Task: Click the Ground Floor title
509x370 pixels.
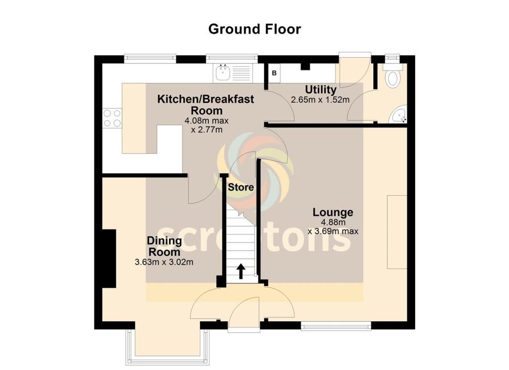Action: click(x=254, y=29)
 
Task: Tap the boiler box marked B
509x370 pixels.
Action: click(x=274, y=73)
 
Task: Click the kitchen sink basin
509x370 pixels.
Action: click(x=223, y=73)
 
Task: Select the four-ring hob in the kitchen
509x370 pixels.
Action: click(x=112, y=118)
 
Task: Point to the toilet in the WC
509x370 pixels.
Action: click(x=393, y=76)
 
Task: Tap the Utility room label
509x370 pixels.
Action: click(x=321, y=89)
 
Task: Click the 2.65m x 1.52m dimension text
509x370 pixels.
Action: click(x=320, y=99)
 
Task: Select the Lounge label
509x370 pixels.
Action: click(x=333, y=213)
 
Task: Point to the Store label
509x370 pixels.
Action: click(x=241, y=187)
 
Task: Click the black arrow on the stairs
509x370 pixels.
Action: click(x=241, y=271)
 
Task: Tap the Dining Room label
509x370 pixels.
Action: click(x=164, y=246)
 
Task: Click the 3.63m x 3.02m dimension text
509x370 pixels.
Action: click(x=164, y=262)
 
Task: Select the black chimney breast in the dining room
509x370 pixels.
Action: click(x=109, y=258)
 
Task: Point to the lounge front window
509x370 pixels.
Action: click(x=336, y=325)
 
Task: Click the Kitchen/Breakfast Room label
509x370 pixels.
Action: click(x=206, y=105)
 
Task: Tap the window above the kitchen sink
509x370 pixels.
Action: click(x=232, y=59)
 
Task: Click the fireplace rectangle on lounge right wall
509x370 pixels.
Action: click(x=397, y=232)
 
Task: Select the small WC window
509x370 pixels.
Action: click(x=393, y=58)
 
